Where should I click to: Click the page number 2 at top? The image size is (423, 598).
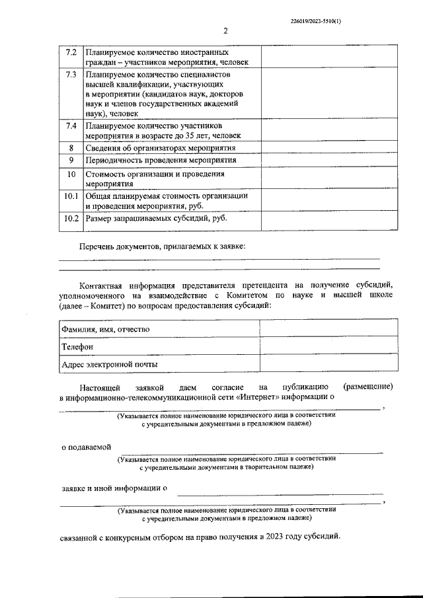coord(225,31)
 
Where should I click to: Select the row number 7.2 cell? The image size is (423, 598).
coord(71,52)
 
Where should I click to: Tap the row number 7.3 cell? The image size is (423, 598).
coord(71,74)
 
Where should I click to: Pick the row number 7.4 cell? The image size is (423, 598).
coord(71,126)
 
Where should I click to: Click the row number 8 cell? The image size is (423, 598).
coord(71,147)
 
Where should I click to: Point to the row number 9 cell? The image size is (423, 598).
coord(71,160)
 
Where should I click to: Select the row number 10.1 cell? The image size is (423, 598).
coord(71,196)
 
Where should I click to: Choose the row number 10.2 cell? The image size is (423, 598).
coord(71,219)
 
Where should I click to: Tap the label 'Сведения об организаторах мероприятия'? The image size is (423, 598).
coord(161,147)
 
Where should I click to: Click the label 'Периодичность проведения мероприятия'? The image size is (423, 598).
coord(161,160)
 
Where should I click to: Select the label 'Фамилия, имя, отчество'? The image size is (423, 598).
coord(106,329)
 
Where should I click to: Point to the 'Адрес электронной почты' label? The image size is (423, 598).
coord(109,363)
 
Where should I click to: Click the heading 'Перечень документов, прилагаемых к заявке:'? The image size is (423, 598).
coord(162,246)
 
